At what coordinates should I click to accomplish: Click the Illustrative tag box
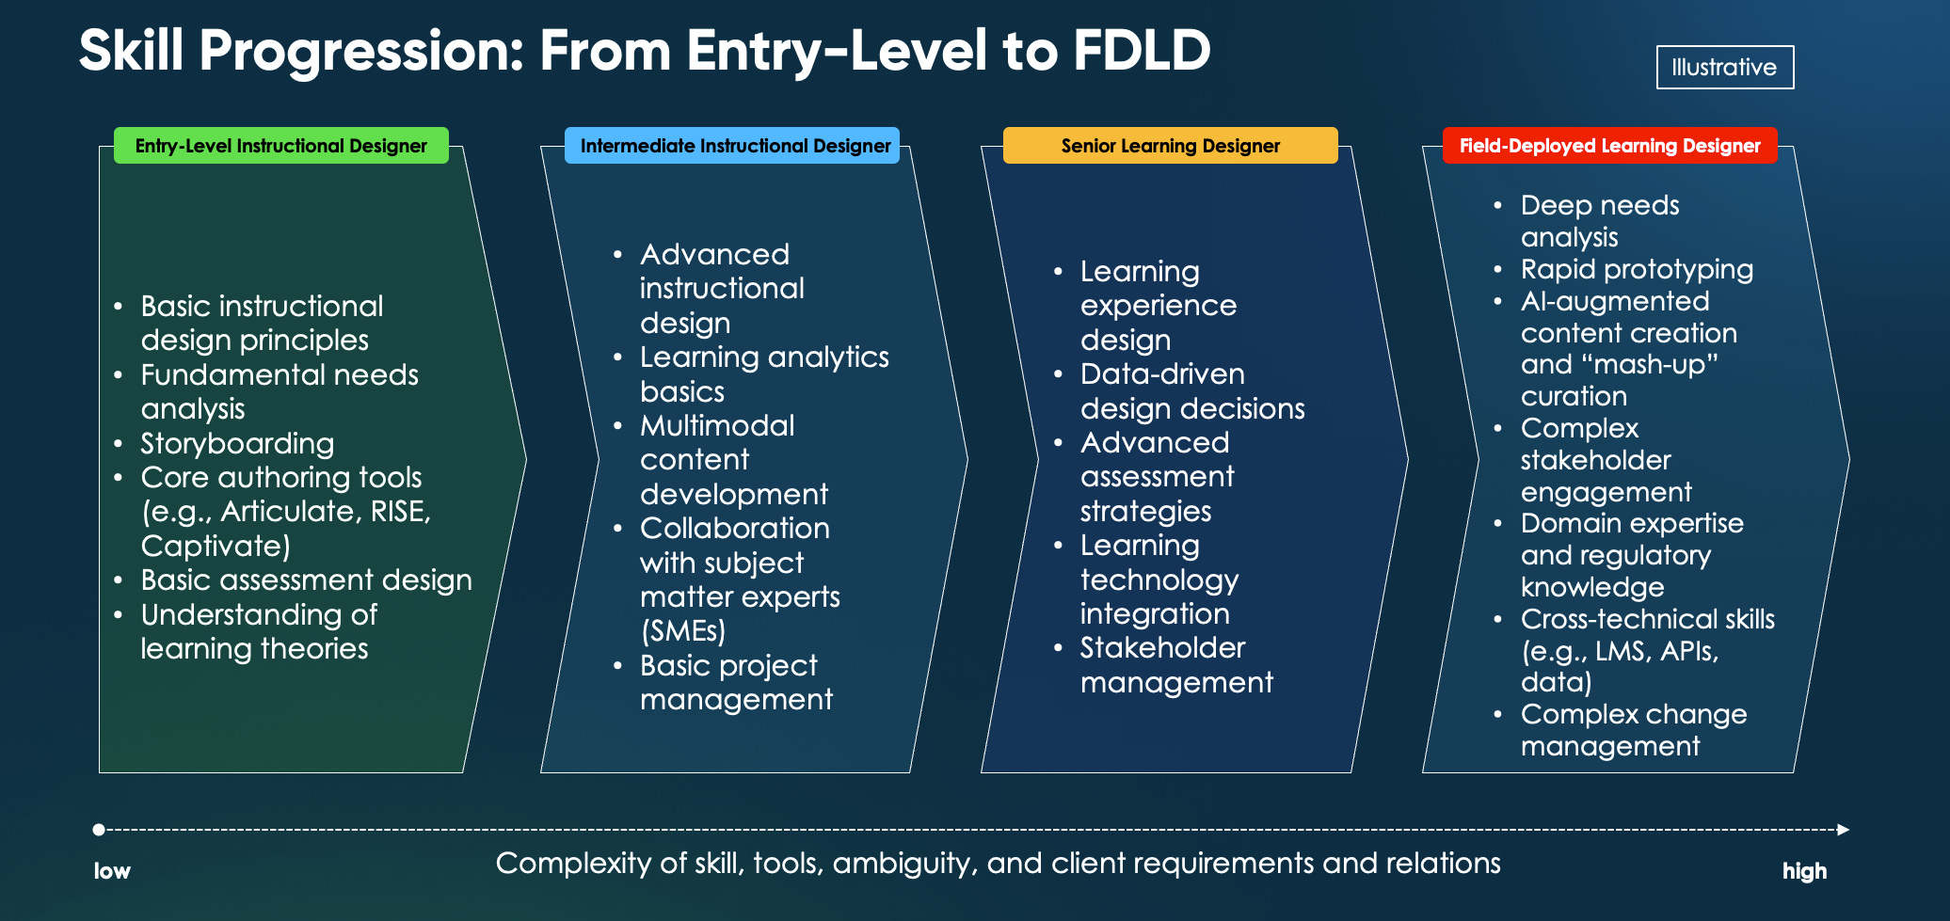point(1724,68)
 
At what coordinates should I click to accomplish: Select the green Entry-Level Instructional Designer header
point(280,146)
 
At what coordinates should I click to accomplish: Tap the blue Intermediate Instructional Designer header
point(734,146)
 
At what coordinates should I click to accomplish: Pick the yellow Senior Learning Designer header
point(1170,146)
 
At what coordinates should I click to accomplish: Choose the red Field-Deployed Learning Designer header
point(1609,146)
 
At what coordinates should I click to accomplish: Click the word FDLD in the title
point(1141,51)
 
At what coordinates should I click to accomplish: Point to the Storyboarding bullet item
point(237,443)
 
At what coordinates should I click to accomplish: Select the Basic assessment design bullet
point(306,580)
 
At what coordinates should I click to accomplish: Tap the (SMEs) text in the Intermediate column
point(682,631)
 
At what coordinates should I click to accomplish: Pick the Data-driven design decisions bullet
point(1191,391)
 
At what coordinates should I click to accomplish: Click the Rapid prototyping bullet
point(1636,270)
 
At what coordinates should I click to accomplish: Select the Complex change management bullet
point(1633,730)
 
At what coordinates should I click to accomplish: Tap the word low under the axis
point(112,871)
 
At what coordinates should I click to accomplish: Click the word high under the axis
point(1804,871)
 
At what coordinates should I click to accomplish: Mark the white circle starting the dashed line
point(99,830)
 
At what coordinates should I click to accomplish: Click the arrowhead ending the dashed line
point(1843,830)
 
